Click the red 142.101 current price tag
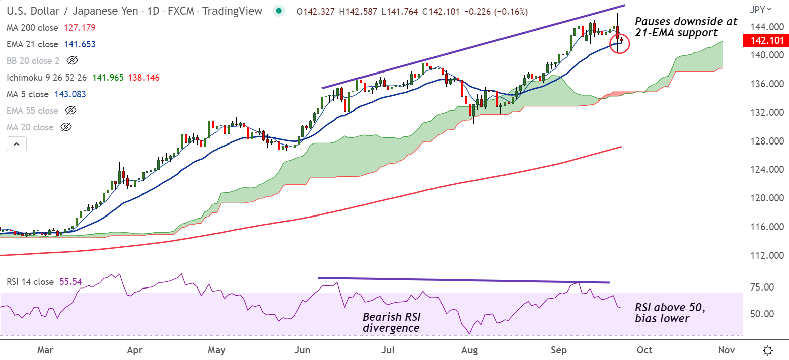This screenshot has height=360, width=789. pyautogui.click(x=764, y=40)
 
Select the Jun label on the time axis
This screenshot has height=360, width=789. pyautogui.click(x=303, y=350)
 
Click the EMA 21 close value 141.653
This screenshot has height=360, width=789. pyautogui.click(x=80, y=44)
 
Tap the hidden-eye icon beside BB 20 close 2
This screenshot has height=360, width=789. pyautogui.click(x=73, y=61)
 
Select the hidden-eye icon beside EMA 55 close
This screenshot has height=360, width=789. pyautogui.click(x=71, y=111)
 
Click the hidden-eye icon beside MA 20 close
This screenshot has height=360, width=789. pyautogui.click(x=66, y=127)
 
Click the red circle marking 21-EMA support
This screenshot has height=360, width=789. pyautogui.click(x=619, y=44)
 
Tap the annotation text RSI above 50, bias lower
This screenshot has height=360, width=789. pyautogui.click(x=670, y=313)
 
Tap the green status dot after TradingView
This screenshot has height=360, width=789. pyautogui.click(x=278, y=11)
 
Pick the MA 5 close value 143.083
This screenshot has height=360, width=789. pyautogui.click(x=70, y=94)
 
